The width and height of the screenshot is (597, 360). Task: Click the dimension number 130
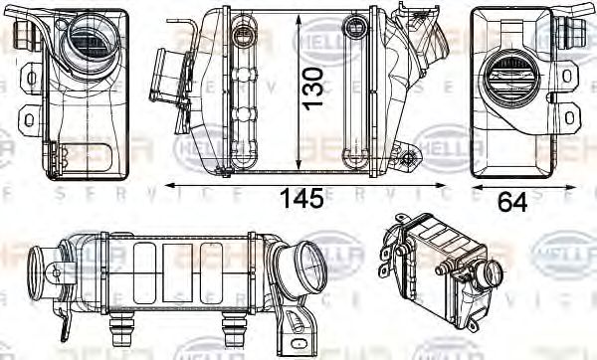pos(313,87)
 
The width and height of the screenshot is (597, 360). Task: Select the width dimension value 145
pos(301,199)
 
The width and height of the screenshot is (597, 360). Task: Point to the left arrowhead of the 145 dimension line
pos(169,185)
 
